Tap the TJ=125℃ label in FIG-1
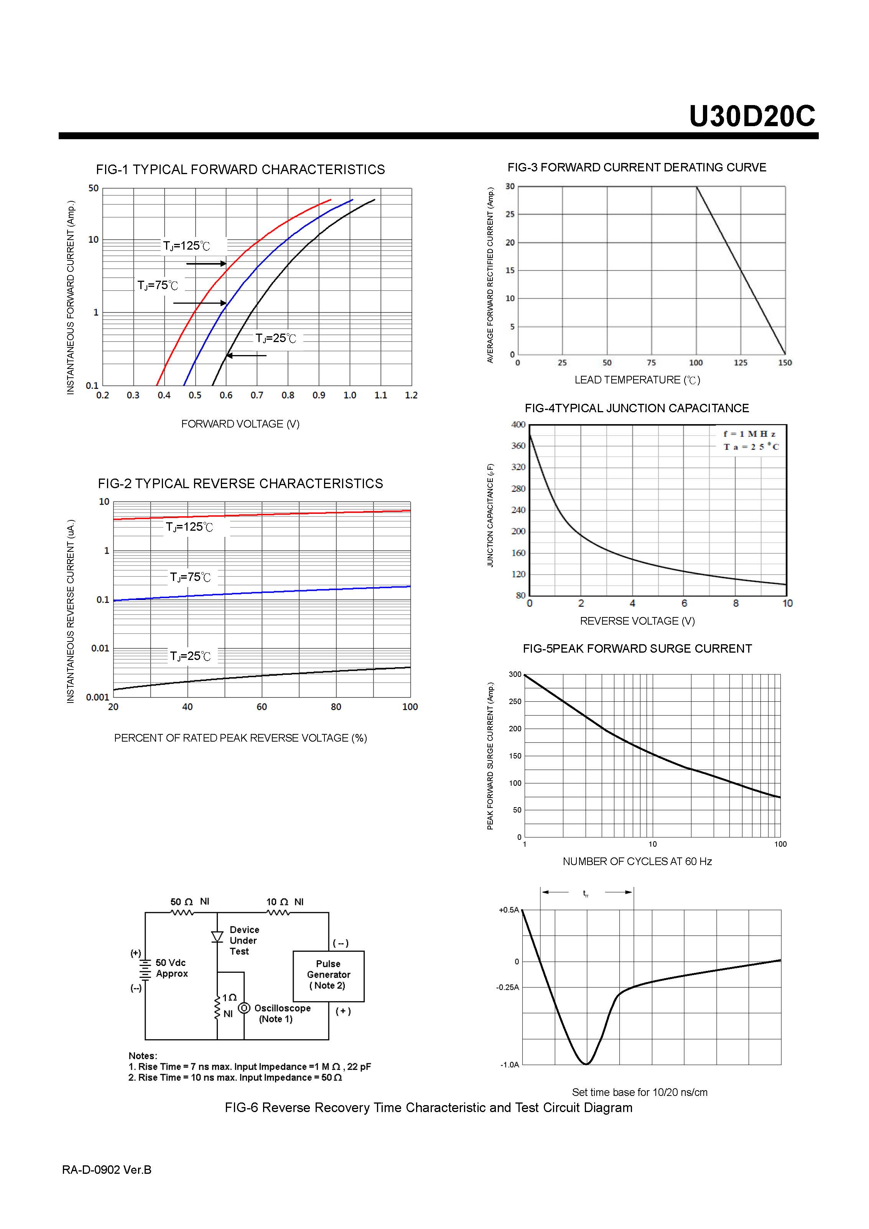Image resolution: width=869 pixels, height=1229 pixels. pyautogui.click(x=186, y=246)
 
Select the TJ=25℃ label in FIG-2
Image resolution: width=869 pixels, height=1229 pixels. pyautogui.click(x=190, y=656)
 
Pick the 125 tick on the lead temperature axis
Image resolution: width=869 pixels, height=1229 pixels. pyautogui.click(x=741, y=362)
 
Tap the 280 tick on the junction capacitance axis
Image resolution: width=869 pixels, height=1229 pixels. pyautogui.click(x=518, y=488)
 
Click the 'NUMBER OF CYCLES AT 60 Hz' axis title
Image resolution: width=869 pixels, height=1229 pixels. pyautogui.click(x=637, y=861)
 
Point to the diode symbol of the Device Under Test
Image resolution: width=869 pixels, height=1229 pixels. pyautogui.click(x=217, y=937)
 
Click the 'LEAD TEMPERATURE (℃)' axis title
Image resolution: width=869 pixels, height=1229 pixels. pyautogui.click(x=637, y=380)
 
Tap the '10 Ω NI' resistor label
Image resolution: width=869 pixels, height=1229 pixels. pyautogui.click(x=285, y=902)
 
